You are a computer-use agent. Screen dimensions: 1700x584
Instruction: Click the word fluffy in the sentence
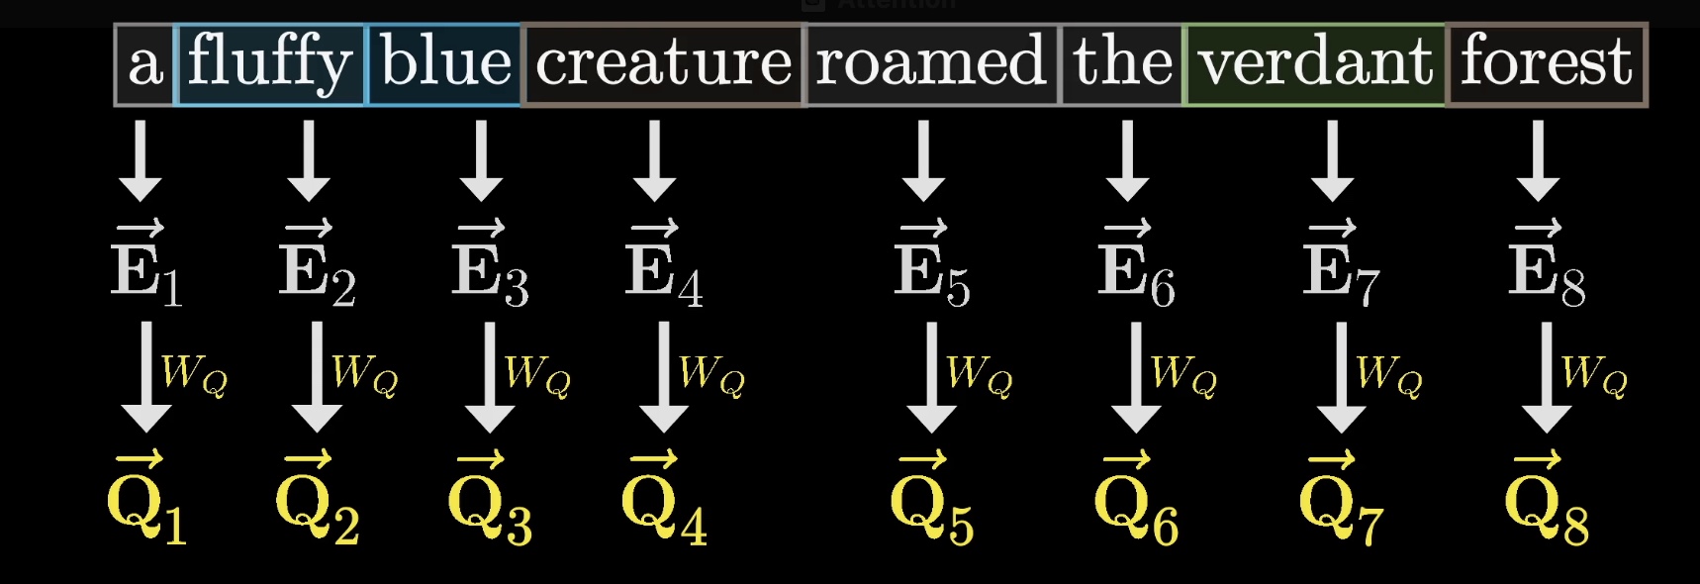pos(269,63)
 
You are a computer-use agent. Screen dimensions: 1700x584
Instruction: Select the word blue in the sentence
pos(445,61)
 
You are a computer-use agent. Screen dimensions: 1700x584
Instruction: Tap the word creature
pos(664,64)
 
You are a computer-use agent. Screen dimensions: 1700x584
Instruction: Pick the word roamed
pos(930,61)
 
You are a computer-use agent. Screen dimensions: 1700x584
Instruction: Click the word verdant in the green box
pos(1316,61)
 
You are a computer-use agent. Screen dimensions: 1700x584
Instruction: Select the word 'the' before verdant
pos(1123,61)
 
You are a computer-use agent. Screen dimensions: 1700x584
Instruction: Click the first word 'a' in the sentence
pos(144,65)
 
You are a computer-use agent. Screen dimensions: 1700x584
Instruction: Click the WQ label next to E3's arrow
pos(537,374)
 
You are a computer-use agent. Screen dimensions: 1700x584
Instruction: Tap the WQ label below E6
pos(1183,374)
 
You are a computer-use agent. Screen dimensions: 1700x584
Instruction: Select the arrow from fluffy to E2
pos(309,160)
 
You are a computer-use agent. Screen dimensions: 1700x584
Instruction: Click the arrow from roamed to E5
pos(923,160)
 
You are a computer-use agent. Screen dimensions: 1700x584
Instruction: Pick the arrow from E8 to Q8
pos(1547,378)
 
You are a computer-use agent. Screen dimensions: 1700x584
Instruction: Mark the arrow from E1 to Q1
pos(146,378)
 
